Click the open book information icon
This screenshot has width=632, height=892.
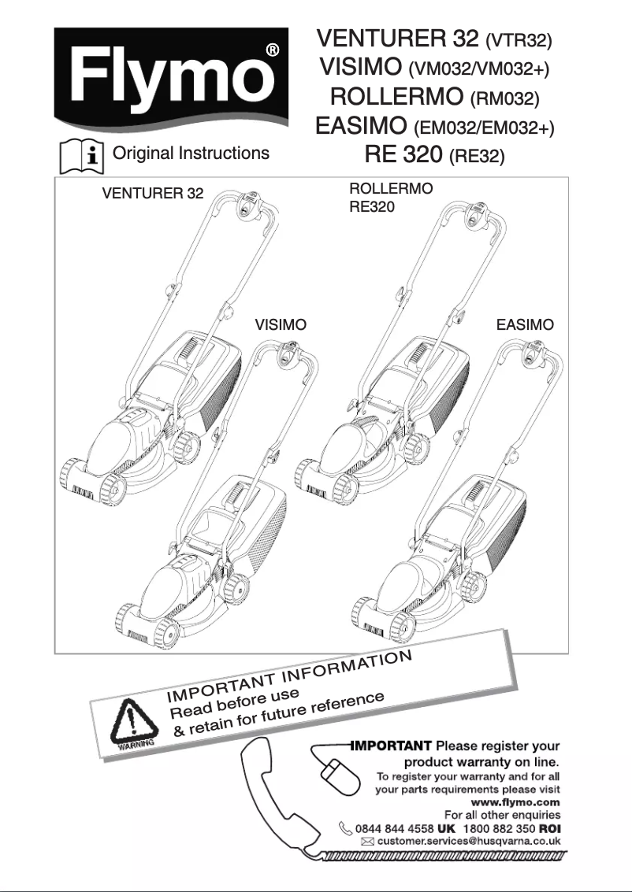tap(83, 156)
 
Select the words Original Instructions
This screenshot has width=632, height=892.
tap(191, 154)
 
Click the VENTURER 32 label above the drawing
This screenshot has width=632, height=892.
tap(153, 194)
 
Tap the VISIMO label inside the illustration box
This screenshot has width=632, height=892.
tap(281, 324)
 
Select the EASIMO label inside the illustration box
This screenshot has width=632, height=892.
tap(525, 324)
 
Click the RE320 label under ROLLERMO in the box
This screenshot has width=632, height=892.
tap(371, 208)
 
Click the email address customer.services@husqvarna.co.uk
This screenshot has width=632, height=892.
tap(468, 842)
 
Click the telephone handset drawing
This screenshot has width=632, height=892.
tap(276, 795)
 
